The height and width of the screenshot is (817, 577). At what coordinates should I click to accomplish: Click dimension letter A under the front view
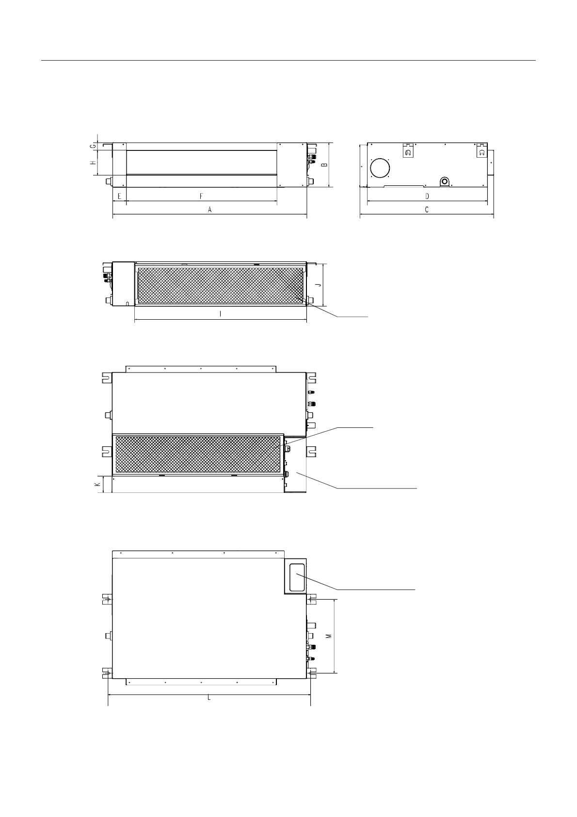(x=210, y=210)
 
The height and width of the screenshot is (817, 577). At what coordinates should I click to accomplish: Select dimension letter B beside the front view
(x=325, y=164)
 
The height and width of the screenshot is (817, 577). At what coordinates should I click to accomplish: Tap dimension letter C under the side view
(x=427, y=210)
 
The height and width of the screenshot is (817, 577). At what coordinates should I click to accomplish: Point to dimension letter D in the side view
(x=427, y=196)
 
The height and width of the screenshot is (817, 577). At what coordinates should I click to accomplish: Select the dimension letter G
(x=93, y=146)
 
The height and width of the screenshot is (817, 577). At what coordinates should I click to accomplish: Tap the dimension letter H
(x=93, y=163)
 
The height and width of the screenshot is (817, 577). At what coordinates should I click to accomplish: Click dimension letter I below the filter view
(x=221, y=314)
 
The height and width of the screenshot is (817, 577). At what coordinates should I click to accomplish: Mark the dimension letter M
(x=328, y=636)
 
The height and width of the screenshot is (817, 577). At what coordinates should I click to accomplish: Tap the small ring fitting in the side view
(x=445, y=181)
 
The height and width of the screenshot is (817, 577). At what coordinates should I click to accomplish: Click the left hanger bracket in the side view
(x=408, y=151)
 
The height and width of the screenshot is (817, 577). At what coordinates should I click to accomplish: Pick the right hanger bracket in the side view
(x=481, y=150)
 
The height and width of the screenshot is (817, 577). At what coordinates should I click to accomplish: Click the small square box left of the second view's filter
(x=123, y=284)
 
